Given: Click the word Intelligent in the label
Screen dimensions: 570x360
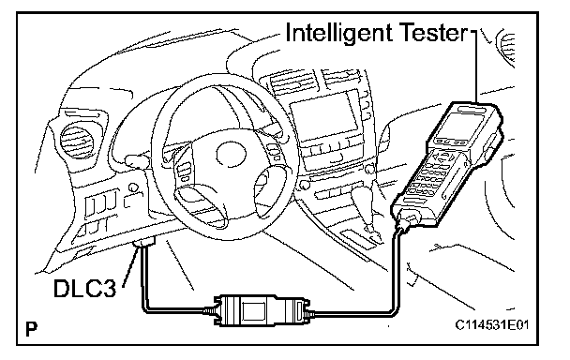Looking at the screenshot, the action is tap(338, 34).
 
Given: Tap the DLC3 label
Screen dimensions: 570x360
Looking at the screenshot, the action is tap(85, 289).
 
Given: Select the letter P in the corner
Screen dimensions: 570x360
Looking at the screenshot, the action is tap(32, 329).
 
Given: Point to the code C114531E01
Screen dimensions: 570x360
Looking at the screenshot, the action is tap(492, 324).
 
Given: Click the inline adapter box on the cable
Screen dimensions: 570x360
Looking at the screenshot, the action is tap(261, 310).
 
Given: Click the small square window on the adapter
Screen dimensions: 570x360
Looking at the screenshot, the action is tap(254, 310).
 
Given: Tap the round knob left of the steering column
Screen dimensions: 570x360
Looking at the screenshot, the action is tap(134, 187).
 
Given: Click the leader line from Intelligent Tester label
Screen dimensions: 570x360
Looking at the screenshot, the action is tap(476, 66).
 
